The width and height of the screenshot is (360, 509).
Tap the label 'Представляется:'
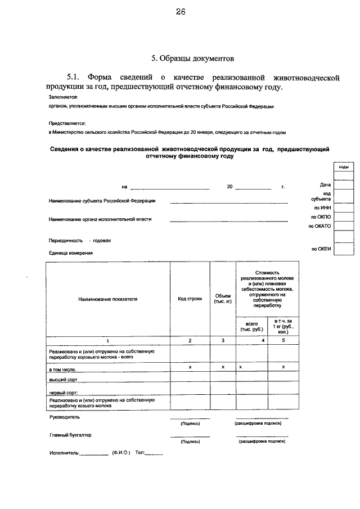point(67,123)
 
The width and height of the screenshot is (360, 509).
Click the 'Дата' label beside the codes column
point(325,184)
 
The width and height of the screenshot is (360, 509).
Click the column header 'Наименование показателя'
point(107,299)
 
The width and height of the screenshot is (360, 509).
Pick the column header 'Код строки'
point(190,299)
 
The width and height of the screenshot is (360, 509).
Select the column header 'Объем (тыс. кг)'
point(223,299)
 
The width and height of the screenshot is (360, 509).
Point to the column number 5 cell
point(283,341)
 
